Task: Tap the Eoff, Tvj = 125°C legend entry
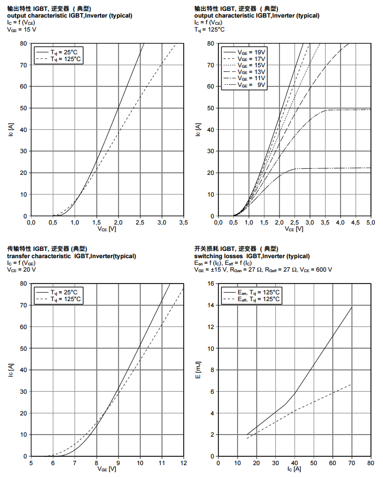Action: click(x=259, y=299)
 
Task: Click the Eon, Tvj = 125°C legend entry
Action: click(x=259, y=292)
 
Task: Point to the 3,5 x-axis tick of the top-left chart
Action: click(x=183, y=222)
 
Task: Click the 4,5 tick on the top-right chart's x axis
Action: click(x=356, y=222)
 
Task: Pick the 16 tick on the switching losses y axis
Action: click(x=211, y=284)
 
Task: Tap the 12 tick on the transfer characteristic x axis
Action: click(x=183, y=463)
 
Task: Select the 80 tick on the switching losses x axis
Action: click(x=371, y=463)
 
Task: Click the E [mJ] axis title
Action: click(x=198, y=369)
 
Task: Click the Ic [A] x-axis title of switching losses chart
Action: click(x=293, y=469)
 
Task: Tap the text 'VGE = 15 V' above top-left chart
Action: click(x=21, y=29)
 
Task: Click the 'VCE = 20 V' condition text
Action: click(x=21, y=270)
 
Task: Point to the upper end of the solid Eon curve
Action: click(x=352, y=307)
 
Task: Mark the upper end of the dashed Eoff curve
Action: click(x=351, y=384)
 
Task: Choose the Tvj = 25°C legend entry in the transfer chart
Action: click(x=66, y=292)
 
